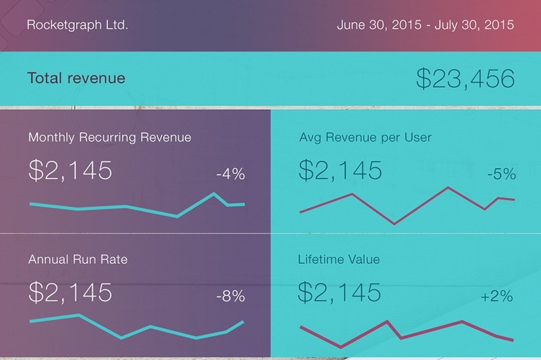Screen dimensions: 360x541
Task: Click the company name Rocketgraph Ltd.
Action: tap(77, 26)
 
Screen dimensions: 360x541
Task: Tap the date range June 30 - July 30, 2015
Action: tap(425, 26)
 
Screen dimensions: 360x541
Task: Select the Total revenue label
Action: tap(76, 79)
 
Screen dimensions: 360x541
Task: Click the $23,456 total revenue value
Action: tap(465, 79)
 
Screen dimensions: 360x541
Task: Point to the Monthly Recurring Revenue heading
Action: tap(109, 137)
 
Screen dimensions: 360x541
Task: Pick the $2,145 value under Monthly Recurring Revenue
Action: tap(70, 170)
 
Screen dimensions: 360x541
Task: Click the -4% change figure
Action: tap(231, 174)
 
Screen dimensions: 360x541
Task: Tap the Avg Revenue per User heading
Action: tap(365, 137)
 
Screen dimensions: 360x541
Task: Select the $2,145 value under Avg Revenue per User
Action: tap(340, 170)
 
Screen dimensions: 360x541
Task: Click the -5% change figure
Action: tap(501, 175)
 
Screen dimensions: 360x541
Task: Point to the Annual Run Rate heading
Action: tap(78, 259)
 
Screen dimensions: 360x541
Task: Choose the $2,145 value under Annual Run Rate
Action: tap(70, 292)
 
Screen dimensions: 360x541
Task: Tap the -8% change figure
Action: tap(231, 297)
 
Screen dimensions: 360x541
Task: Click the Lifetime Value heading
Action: tap(339, 259)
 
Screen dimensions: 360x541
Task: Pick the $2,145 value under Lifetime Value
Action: tap(340, 292)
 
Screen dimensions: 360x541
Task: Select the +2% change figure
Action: tap(496, 297)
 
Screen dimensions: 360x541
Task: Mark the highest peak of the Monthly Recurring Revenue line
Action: tap(214, 193)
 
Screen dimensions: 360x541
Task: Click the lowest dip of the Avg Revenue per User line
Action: tap(394, 224)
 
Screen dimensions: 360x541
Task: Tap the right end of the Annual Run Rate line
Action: tap(243, 321)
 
